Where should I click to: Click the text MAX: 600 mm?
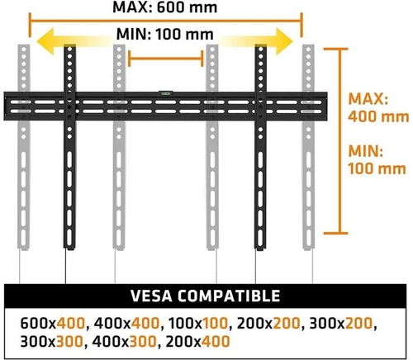click(164, 7)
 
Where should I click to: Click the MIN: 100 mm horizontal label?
click(165, 34)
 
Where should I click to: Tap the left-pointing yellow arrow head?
click(46, 41)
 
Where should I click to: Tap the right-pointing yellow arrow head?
click(284, 41)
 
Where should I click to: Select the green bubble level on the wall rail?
click(164, 93)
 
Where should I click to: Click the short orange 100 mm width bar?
click(166, 59)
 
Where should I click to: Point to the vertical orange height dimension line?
click(339, 141)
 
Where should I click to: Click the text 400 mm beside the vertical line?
click(378, 116)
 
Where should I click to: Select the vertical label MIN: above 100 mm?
click(366, 151)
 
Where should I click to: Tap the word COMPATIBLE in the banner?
click(229, 296)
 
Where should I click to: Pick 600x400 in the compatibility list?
click(53, 323)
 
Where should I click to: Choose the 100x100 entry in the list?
click(198, 323)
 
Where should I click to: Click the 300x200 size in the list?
click(341, 323)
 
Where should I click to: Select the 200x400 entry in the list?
click(197, 342)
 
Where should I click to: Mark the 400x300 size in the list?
click(124, 342)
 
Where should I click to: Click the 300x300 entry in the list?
click(52, 342)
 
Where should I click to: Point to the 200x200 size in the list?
click(268, 323)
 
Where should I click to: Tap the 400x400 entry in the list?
click(126, 323)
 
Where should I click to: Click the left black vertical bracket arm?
click(69, 147)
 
